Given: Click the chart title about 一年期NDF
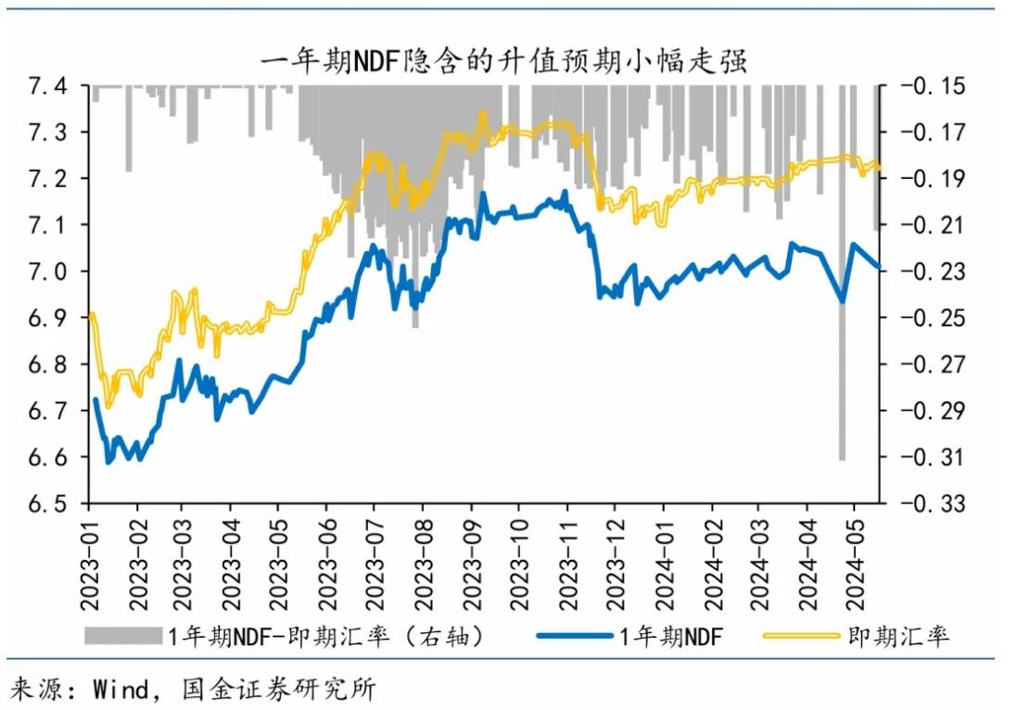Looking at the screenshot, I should click(503, 61).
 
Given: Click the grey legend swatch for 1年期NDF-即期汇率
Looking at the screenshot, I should click(122, 636).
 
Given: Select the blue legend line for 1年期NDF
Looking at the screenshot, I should click(575, 636).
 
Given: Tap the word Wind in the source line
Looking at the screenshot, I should click(121, 690).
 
